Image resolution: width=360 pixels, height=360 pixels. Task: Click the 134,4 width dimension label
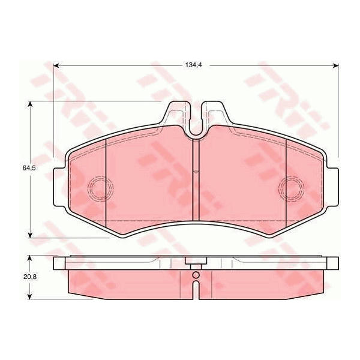click(193, 65)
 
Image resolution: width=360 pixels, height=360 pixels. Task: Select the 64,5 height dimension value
click(29, 168)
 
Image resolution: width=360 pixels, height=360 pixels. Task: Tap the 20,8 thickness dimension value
click(30, 277)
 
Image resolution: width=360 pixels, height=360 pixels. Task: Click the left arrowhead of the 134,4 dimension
click(56, 65)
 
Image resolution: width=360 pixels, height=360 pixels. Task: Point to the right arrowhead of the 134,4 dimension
click(336, 65)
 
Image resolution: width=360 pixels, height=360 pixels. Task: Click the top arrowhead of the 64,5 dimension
click(30, 104)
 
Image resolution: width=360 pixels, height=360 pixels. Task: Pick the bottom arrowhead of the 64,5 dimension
click(30, 235)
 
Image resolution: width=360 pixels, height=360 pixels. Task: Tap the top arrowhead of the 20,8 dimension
click(29, 259)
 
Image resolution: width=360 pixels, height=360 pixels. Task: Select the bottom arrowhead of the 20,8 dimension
click(29, 296)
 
